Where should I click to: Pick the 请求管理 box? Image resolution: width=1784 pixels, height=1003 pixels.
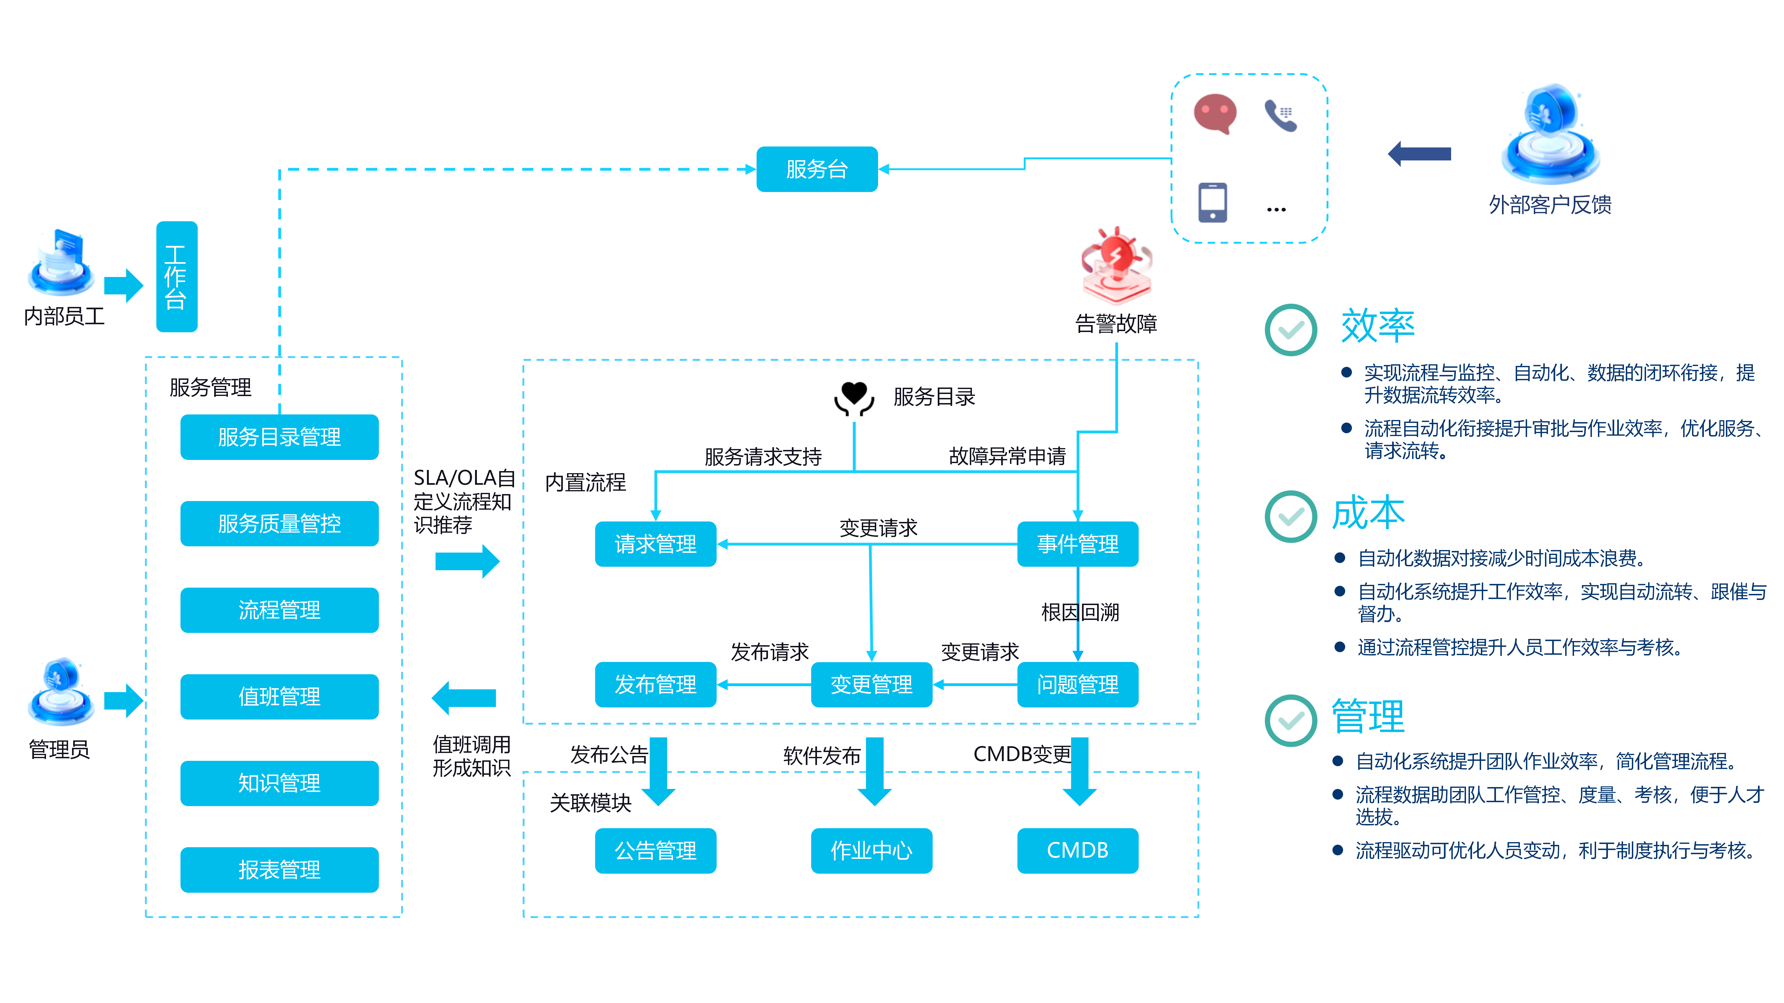pos(655,544)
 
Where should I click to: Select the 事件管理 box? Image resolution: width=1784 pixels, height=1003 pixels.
pos(1078,544)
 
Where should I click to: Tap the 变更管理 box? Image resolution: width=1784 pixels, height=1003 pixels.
pos(871,685)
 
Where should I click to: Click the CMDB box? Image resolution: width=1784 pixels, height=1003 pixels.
pos(1078,851)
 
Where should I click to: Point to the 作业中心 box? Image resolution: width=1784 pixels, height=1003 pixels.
pos(871,851)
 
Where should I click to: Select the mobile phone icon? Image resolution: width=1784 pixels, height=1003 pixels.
pos(1213,202)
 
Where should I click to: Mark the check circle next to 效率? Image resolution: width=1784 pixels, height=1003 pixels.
pos(1291,330)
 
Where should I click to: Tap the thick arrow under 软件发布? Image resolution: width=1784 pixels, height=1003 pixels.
pos(875,772)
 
